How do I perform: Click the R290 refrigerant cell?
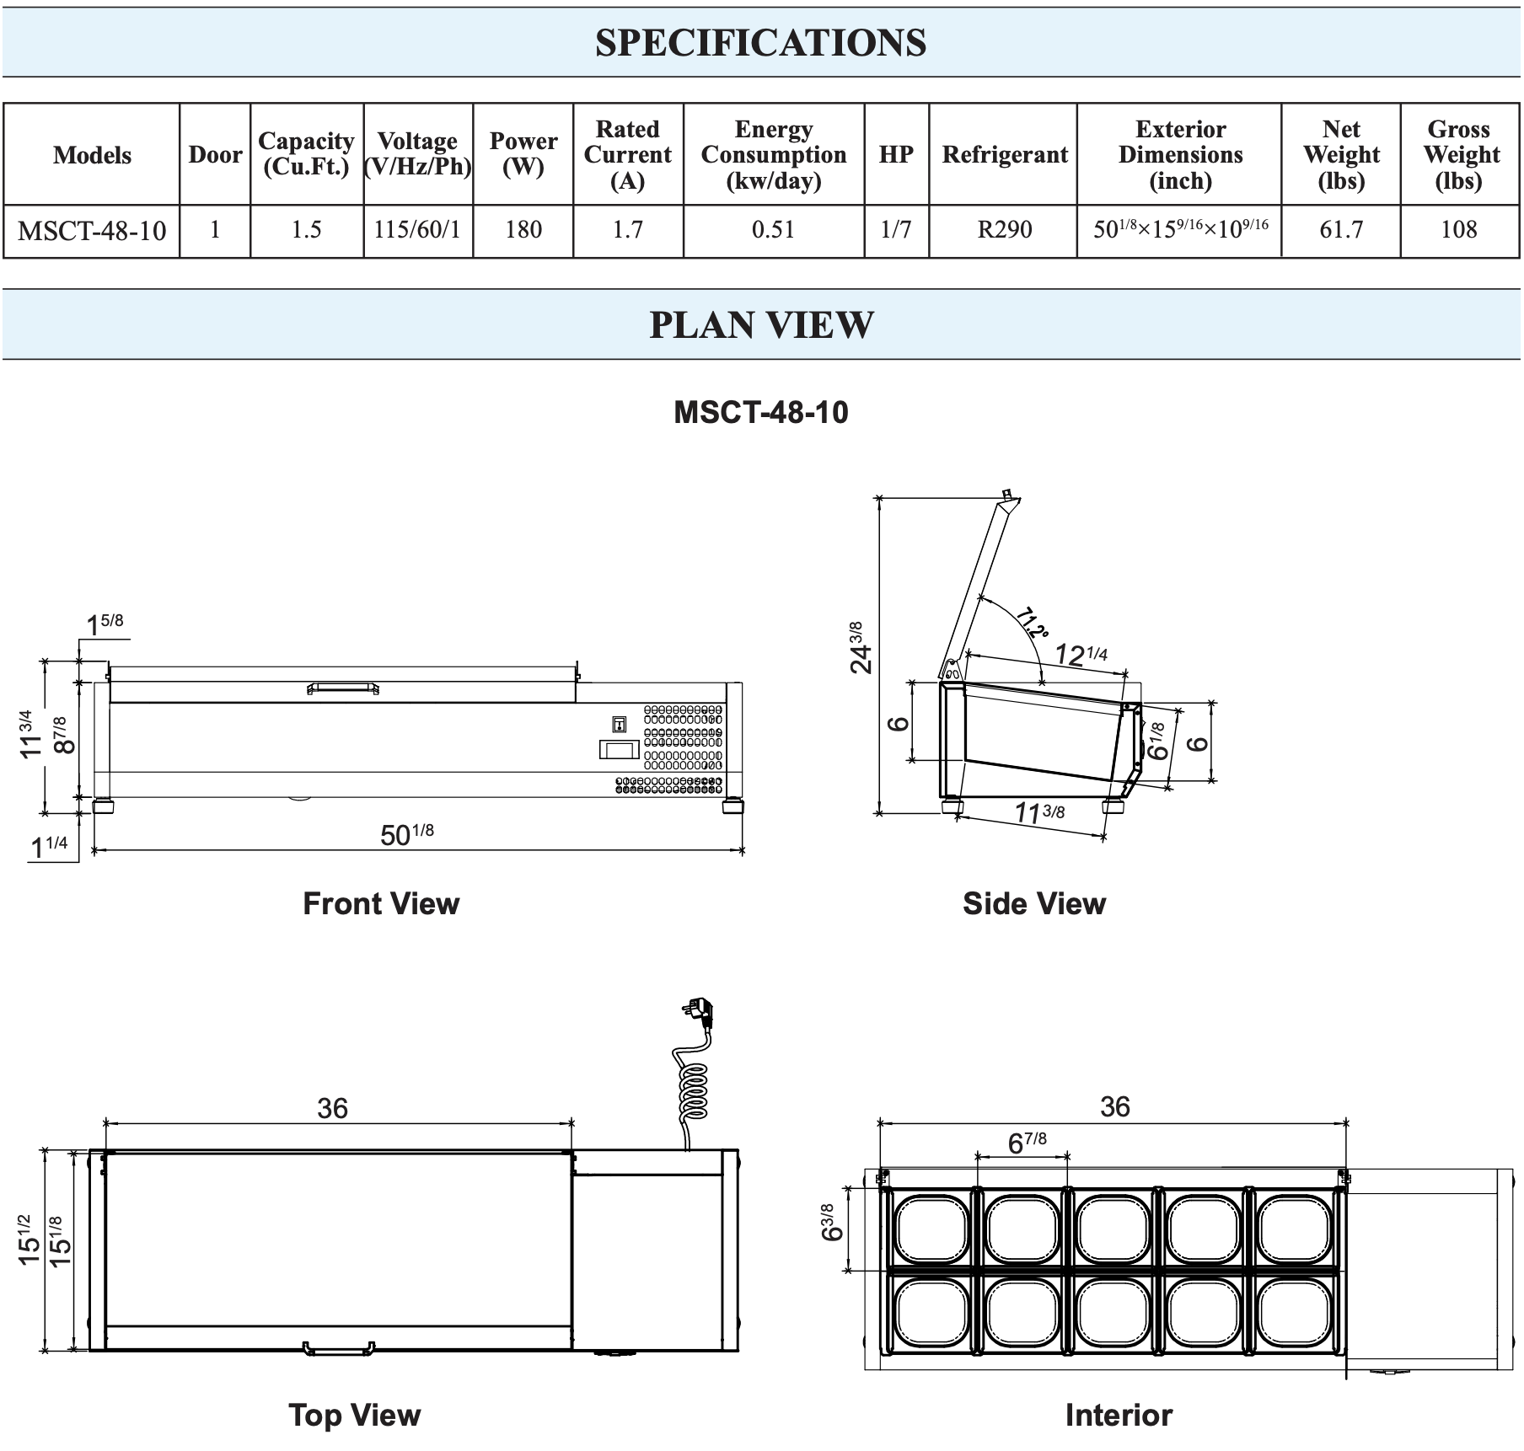point(1004,230)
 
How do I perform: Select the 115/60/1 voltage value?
point(417,230)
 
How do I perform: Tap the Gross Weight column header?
point(1460,154)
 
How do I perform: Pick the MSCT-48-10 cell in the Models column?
point(92,231)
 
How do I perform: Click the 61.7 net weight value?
point(1340,230)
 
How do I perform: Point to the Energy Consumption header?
point(773,154)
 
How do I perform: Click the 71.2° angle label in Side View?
point(1032,623)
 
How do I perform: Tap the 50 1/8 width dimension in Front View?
point(407,834)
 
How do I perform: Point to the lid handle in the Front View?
point(342,688)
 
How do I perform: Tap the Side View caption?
point(1033,903)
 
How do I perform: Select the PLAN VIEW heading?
point(761,325)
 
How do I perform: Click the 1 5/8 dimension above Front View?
point(105,624)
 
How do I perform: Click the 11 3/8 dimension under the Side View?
point(1038,812)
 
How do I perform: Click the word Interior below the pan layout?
point(1118,1415)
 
